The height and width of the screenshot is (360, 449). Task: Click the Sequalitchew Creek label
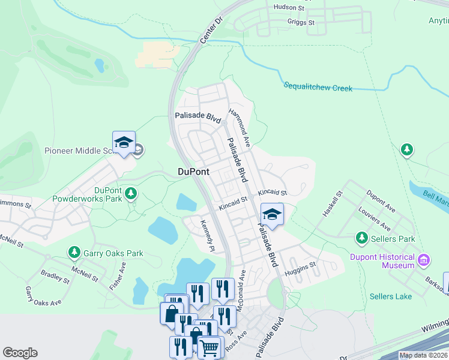(318, 88)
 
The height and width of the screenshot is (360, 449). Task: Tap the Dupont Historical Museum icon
(424, 260)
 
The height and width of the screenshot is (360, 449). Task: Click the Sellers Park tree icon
(362, 239)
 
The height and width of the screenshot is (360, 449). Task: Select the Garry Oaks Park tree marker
(74, 253)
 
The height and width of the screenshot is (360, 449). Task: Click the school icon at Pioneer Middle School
(123, 143)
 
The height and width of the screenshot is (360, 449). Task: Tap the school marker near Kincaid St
(272, 214)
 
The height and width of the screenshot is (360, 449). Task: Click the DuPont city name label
(194, 172)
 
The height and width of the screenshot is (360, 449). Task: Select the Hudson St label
(289, 7)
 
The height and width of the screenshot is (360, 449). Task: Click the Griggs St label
(301, 22)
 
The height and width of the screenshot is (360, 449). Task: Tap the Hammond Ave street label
(239, 127)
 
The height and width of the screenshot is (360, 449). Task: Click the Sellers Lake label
(391, 296)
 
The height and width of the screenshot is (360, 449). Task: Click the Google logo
(20, 353)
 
